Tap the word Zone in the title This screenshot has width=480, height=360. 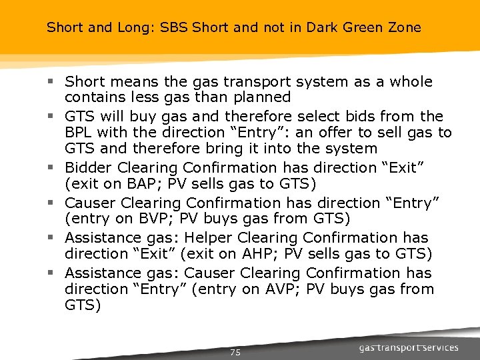point(405,28)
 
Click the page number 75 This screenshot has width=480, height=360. point(235,352)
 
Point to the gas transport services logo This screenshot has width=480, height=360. point(409,347)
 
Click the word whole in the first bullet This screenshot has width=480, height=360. point(411,82)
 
